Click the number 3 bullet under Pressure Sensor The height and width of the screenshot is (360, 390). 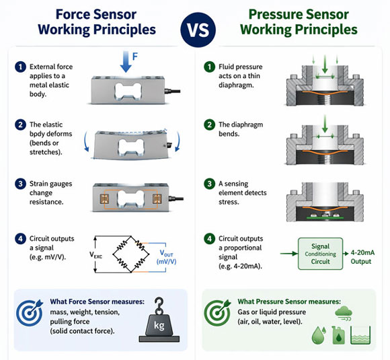click(x=208, y=183)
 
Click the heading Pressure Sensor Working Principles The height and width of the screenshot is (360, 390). click(x=299, y=22)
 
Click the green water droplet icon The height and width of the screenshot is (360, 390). click(x=318, y=332)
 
